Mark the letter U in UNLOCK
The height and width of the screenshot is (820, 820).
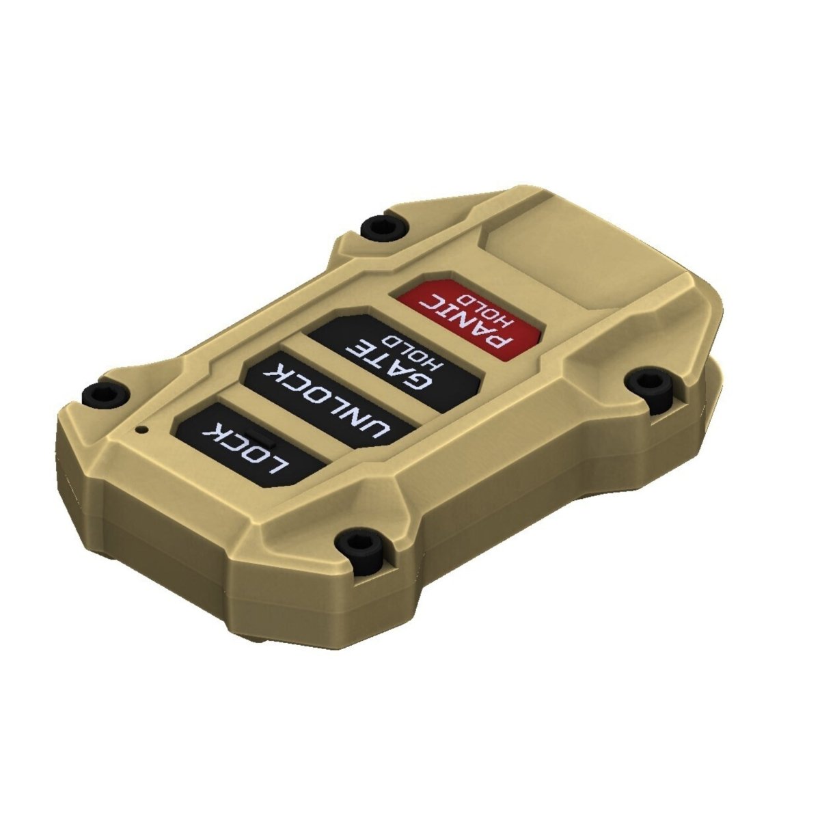379,430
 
